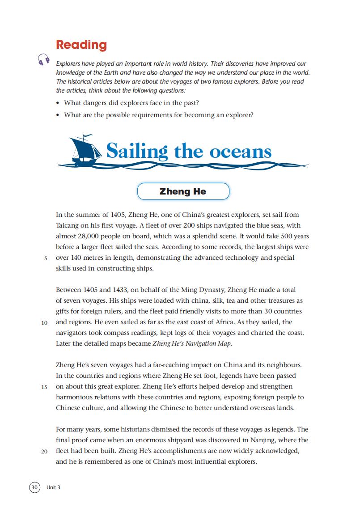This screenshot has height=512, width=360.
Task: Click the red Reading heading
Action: click(x=81, y=45)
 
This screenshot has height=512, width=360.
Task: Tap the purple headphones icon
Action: click(x=43, y=59)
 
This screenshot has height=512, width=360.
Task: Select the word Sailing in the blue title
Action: click(x=137, y=152)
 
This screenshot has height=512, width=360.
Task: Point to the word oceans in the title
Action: click(x=241, y=152)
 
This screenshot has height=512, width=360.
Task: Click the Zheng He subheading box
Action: click(x=183, y=191)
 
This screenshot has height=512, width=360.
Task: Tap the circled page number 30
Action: click(x=34, y=487)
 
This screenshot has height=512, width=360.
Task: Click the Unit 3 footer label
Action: click(x=53, y=487)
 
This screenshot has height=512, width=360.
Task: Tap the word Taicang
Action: click(x=68, y=225)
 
